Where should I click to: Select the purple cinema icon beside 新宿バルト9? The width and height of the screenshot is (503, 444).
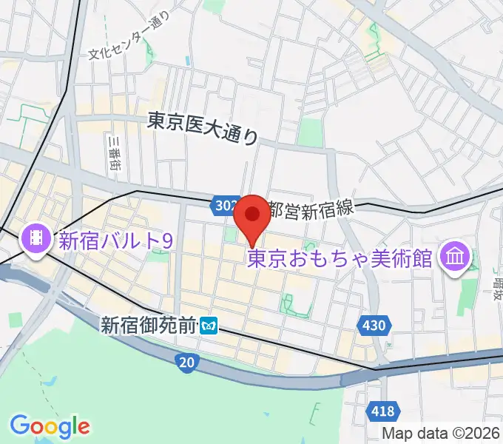(35, 238)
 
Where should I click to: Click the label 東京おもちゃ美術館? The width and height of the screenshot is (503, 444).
(340, 258)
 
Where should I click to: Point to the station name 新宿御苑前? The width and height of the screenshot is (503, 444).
(150, 323)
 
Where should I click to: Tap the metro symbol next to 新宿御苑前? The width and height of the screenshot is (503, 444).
(212, 324)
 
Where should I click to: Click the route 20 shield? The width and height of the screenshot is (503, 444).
(188, 361)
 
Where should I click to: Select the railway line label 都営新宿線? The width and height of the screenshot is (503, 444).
(311, 209)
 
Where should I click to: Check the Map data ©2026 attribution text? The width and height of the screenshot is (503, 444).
(442, 432)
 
